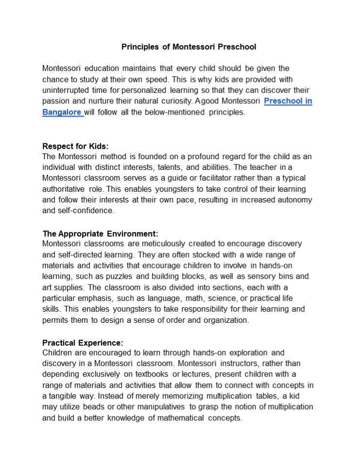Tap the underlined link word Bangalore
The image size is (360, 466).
coord(62,112)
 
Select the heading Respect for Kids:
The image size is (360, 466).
coord(75,146)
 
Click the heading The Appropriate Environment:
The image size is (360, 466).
coord(100,233)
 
